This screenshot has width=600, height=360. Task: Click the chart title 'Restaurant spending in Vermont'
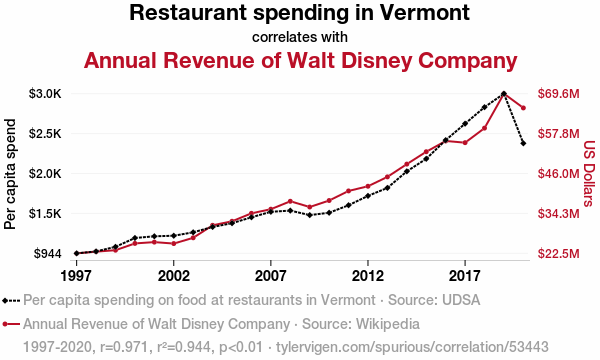click(300, 13)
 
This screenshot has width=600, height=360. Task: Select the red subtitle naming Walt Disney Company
click(300, 60)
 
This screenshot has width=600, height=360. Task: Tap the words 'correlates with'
click(300, 37)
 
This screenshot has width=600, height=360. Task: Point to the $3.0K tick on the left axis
click(45, 94)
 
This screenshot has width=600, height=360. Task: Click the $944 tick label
click(47, 253)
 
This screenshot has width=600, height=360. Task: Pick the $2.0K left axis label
click(45, 174)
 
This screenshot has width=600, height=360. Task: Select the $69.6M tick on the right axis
click(559, 94)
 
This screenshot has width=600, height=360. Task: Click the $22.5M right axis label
click(559, 253)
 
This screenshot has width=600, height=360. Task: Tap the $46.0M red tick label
click(559, 174)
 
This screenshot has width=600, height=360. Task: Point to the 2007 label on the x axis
click(271, 275)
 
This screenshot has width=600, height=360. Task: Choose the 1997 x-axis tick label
click(77, 275)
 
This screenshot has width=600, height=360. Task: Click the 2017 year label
click(465, 275)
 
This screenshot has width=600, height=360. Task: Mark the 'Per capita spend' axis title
click(10, 174)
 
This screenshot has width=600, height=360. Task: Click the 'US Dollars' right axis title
click(590, 174)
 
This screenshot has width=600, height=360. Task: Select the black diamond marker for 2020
click(523, 143)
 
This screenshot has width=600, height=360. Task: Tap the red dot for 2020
click(523, 108)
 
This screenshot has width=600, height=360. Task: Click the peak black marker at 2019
click(504, 94)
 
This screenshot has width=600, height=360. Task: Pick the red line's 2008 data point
click(290, 201)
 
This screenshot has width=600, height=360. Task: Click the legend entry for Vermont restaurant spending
click(241, 300)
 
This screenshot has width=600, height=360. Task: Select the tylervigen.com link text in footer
click(412, 347)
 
